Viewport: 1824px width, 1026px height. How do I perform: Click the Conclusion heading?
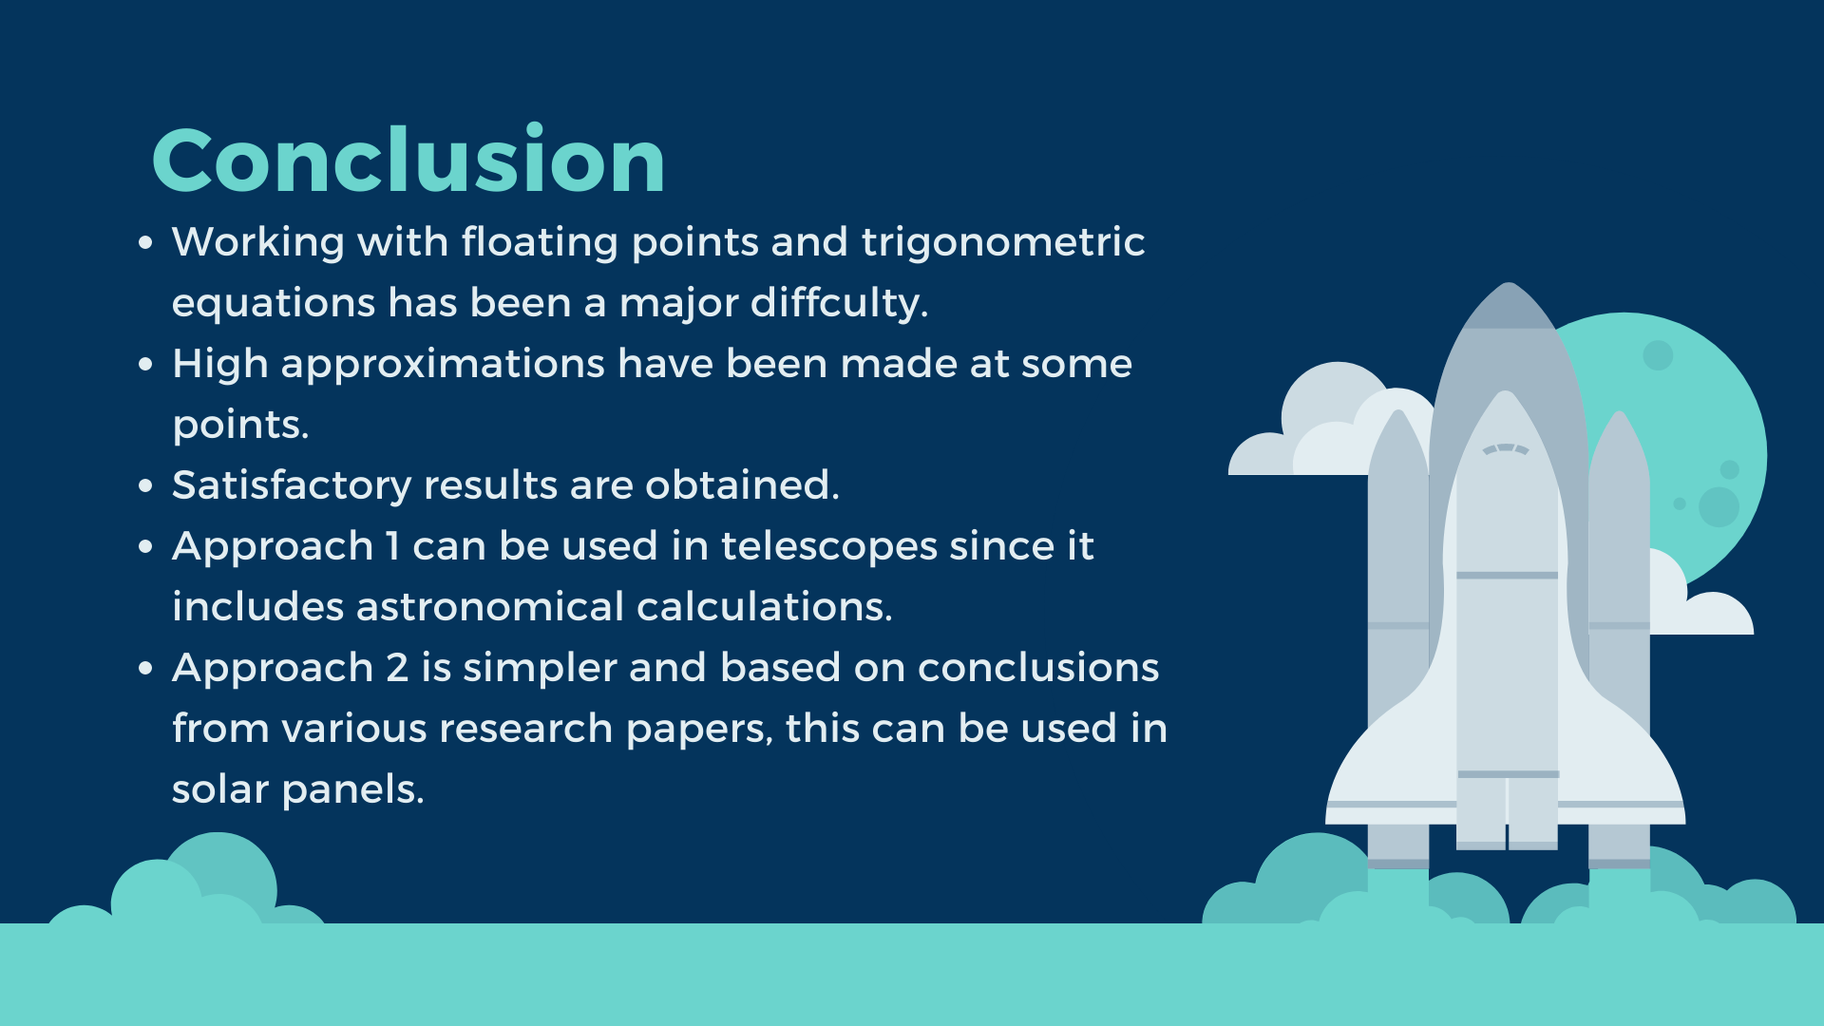click(x=408, y=160)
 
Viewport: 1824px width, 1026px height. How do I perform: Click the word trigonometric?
click(x=1002, y=242)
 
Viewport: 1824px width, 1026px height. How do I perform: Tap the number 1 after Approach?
click(x=392, y=546)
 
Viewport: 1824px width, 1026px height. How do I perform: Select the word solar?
click(x=219, y=789)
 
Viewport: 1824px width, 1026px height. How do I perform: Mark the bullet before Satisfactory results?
click(x=145, y=486)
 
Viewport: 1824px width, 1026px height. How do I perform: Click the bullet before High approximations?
click(x=145, y=365)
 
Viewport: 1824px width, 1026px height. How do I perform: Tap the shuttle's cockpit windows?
click(x=1506, y=449)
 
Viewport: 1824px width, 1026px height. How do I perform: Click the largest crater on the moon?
click(x=1719, y=506)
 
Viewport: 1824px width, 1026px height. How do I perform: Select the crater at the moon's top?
click(x=1658, y=355)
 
